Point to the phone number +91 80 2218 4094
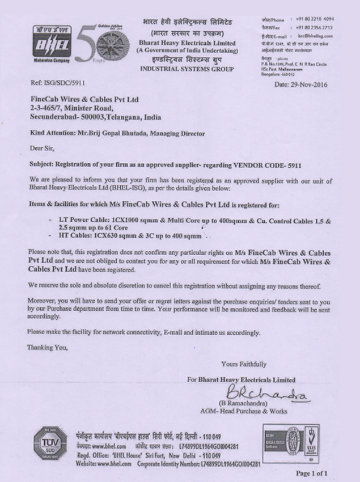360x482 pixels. point(314,19)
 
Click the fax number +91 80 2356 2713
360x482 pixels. point(314,27)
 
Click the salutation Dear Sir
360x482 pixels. point(40,149)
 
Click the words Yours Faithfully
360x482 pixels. point(244,364)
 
